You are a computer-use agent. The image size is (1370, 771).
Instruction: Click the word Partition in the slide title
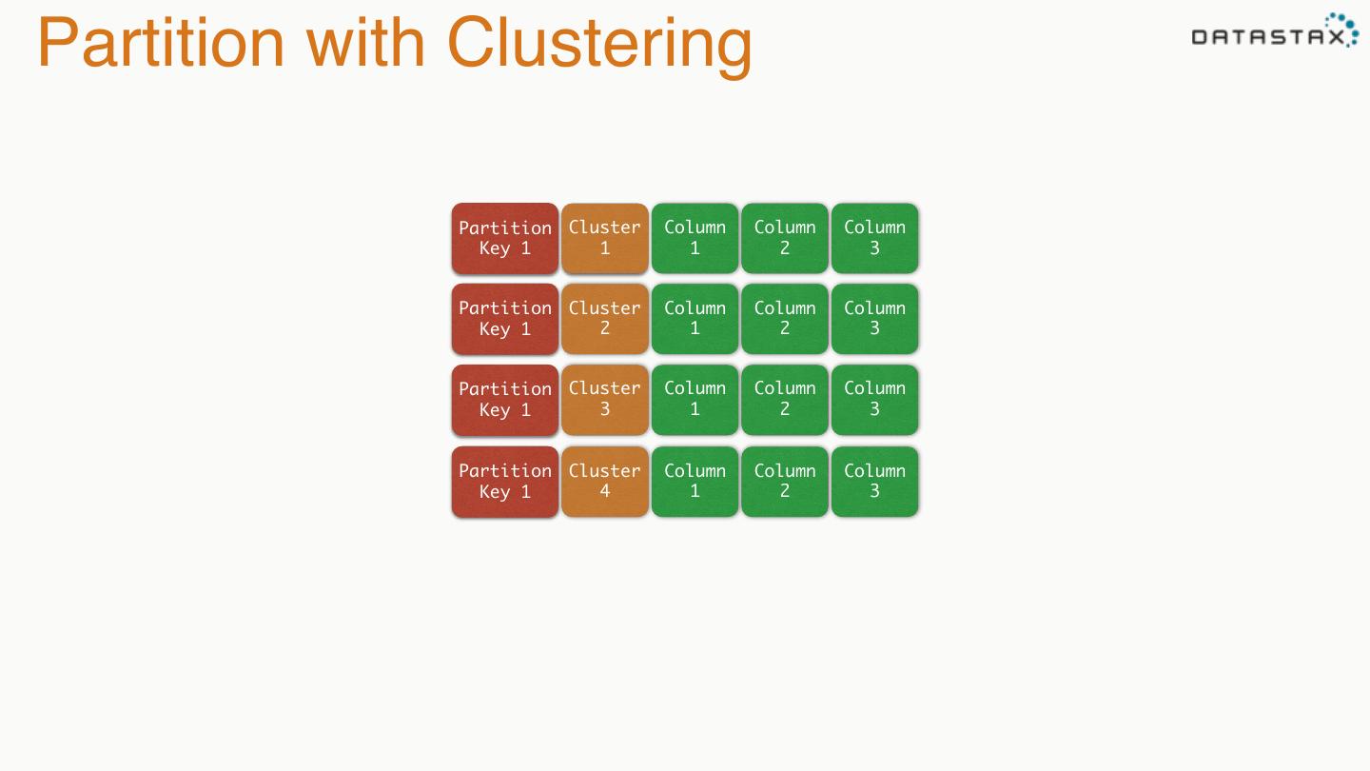[161, 43]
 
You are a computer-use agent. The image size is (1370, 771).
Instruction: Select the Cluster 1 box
[605, 238]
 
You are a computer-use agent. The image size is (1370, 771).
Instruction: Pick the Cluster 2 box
[605, 319]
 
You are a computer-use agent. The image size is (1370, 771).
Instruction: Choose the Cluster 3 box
[605, 400]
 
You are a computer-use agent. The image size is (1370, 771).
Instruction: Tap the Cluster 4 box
[605, 482]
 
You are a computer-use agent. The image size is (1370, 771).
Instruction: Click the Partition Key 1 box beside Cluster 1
[505, 238]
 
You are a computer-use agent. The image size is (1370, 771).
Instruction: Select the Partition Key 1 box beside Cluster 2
[505, 319]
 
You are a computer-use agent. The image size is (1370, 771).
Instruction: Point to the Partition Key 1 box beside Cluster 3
[505, 400]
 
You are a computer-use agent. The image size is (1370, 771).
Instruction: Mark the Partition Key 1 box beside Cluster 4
[505, 482]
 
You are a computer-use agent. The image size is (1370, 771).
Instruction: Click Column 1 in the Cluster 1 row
[695, 238]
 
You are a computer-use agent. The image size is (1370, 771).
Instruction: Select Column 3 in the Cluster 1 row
[874, 238]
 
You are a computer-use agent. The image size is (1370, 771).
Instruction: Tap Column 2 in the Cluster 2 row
[785, 319]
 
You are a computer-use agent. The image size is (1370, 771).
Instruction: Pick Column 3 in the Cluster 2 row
[874, 319]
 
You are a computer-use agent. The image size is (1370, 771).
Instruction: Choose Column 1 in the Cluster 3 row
[695, 400]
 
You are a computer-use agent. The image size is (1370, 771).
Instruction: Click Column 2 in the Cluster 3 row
[785, 400]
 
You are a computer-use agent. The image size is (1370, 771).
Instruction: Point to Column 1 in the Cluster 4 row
[695, 482]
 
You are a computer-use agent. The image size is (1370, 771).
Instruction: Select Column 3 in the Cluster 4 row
[874, 482]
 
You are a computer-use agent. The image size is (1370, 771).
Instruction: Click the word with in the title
[365, 43]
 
